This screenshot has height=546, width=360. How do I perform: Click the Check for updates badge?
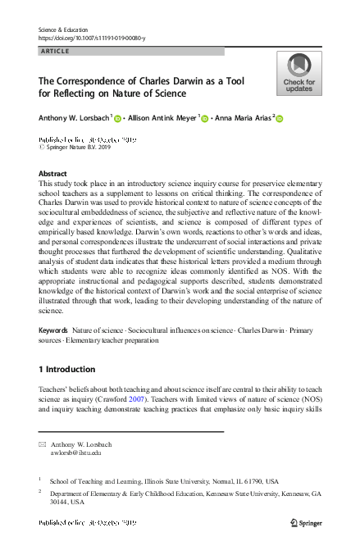click(x=298, y=74)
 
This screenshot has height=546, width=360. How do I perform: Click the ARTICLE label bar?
click(x=131, y=52)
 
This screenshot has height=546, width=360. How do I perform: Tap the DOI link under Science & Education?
click(x=93, y=38)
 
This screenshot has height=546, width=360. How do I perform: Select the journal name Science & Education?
click(x=66, y=29)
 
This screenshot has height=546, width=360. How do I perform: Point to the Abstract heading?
click(x=53, y=174)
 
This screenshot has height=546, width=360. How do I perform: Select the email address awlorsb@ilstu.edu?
click(x=76, y=452)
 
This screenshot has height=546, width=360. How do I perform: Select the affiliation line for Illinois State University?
click(x=164, y=481)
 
